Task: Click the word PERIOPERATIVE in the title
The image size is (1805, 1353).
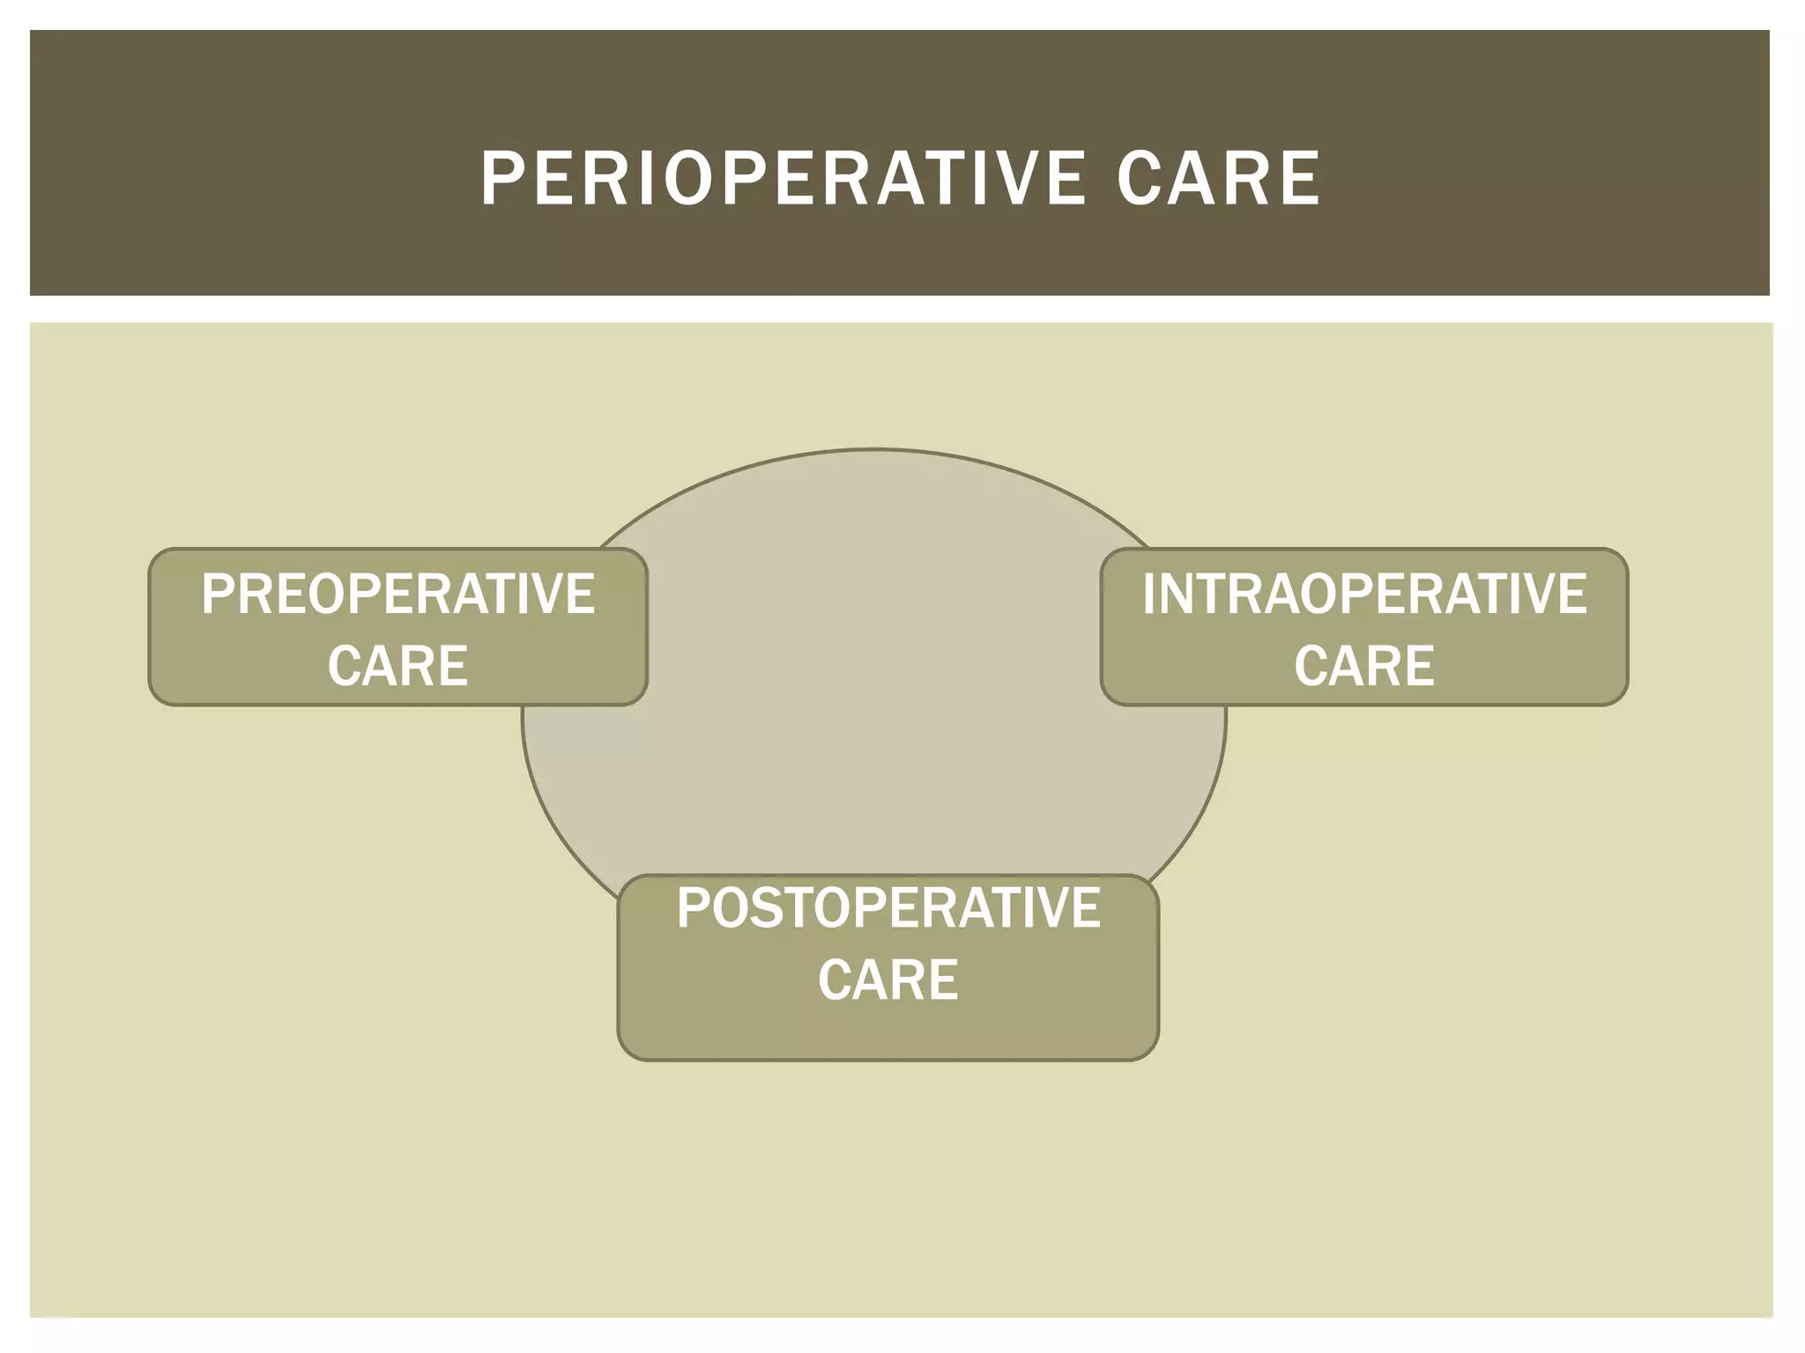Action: coord(781,179)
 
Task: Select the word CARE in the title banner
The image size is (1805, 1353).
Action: coord(1218,179)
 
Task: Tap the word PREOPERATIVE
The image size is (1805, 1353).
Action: coord(397,594)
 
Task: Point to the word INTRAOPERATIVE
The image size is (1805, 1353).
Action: coord(1363,594)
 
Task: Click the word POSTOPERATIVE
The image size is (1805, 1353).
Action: coord(888,908)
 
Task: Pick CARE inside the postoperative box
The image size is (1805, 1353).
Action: coord(888,980)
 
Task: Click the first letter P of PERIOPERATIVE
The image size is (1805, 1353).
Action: coord(499,179)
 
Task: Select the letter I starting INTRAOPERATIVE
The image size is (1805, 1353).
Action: coord(1148,594)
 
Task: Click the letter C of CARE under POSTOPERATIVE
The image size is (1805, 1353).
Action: coord(835,980)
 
